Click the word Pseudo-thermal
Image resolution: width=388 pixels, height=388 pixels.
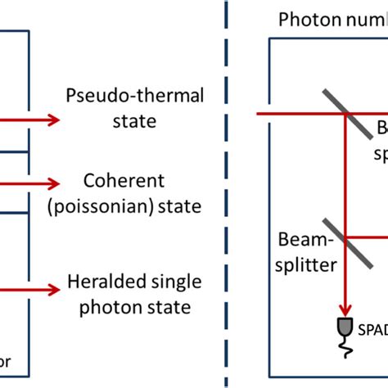coord(120,97)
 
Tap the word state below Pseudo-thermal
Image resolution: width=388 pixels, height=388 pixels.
coord(120,122)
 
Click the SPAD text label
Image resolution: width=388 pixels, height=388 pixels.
coord(373,330)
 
